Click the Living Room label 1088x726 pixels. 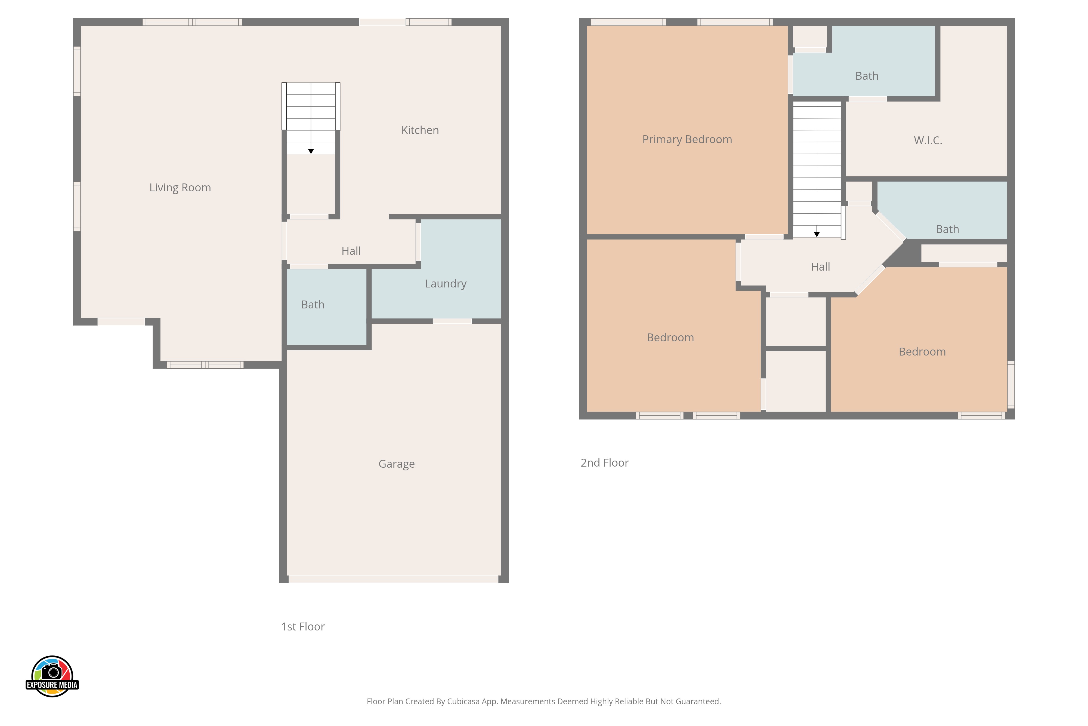pyautogui.click(x=180, y=188)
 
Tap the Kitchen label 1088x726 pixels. pyautogui.click(x=420, y=130)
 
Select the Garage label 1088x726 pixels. pyautogui.click(x=396, y=464)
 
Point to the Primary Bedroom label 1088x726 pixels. pyautogui.click(x=687, y=139)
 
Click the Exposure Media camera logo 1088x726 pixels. pyautogui.click(x=52, y=676)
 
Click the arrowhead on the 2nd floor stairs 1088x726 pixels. pyautogui.click(x=817, y=234)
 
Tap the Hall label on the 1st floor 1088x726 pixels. pyautogui.click(x=351, y=251)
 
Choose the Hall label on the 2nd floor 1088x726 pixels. pyautogui.click(x=821, y=267)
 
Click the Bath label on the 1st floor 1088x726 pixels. pyautogui.click(x=313, y=305)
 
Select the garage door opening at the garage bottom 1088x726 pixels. pyautogui.click(x=393, y=579)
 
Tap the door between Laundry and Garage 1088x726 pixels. pyautogui.click(x=452, y=321)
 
